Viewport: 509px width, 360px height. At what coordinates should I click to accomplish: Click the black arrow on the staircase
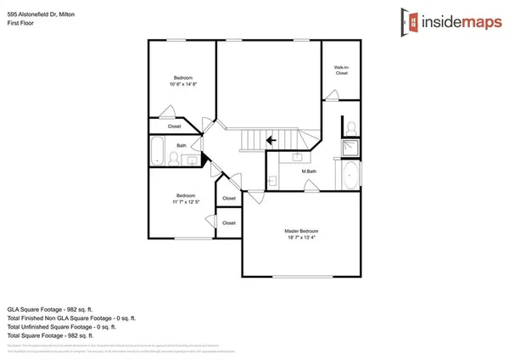[271, 140]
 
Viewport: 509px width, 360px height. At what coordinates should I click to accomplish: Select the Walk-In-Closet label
[342, 71]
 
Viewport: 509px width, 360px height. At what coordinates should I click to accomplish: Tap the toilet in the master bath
[350, 128]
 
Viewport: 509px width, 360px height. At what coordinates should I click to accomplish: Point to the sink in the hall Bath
[193, 159]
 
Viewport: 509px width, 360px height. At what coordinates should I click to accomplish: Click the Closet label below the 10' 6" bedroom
[174, 127]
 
